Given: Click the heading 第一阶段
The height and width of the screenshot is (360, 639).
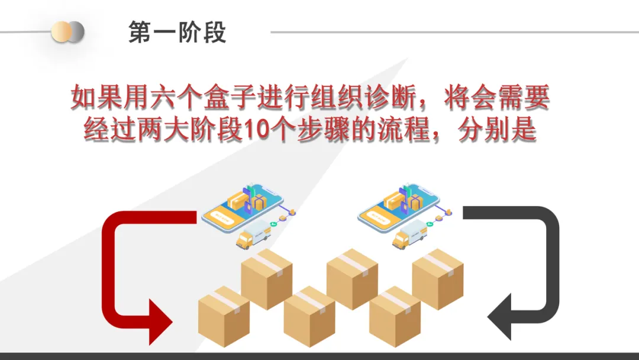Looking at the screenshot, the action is tap(177, 33).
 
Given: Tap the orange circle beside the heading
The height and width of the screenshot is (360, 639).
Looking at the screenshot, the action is tap(61, 31).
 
